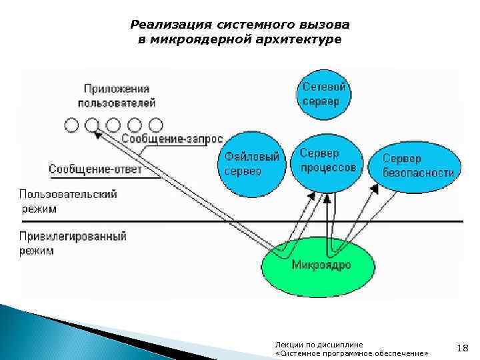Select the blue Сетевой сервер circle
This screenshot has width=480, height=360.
click(324, 94)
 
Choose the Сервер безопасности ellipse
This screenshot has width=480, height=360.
click(417, 167)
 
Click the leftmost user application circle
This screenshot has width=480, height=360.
click(71, 125)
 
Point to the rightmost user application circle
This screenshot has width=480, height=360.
click(156, 125)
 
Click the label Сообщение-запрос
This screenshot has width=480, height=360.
click(172, 139)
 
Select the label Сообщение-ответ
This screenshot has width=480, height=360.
click(95, 169)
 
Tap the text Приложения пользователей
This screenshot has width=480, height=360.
click(117, 95)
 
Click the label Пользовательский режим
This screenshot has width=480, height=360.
click(67, 200)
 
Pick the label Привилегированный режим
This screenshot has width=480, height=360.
click(73, 243)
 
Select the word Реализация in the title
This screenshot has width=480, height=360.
click(169, 25)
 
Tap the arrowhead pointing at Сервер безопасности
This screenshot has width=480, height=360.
click(374, 189)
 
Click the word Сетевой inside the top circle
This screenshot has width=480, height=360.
click(324, 87)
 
